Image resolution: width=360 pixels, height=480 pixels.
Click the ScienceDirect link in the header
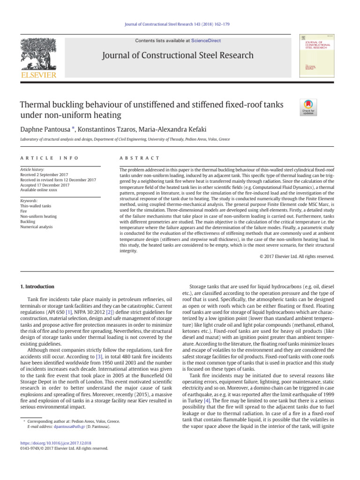pyautogui.click(x=206, y=41)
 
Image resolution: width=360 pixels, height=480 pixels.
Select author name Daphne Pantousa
pyautogui.click(x=41, y=129)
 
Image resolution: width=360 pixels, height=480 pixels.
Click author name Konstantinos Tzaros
pyautogui.click(x=107, y=129)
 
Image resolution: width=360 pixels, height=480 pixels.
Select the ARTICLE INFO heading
pyautogui.click(x=49, y=158)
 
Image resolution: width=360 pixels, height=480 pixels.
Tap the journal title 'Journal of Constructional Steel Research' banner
pyautogui.click(x=180, y=56)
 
